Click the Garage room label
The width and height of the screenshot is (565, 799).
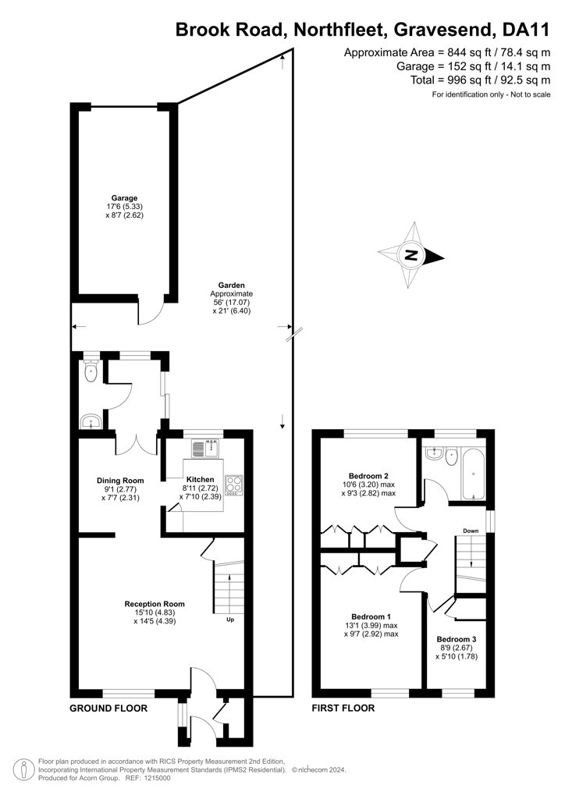125,198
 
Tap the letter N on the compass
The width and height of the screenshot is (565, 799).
410,255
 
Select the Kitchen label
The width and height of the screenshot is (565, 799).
201,480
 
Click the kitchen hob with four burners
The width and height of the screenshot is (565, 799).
234,485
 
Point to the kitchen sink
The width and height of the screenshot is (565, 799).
204,449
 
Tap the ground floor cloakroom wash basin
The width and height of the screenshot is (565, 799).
91,421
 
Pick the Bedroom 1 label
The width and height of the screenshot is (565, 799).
371,616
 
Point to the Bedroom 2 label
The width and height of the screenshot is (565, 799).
368,476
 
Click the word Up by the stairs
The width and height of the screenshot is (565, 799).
230,620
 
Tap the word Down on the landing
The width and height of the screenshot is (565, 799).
471,531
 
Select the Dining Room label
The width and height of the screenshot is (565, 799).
120,481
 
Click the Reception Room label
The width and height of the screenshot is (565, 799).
155,604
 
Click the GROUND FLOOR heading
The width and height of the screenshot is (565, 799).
108,708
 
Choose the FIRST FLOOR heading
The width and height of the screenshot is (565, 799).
343,708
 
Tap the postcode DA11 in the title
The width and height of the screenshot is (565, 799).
526,30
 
